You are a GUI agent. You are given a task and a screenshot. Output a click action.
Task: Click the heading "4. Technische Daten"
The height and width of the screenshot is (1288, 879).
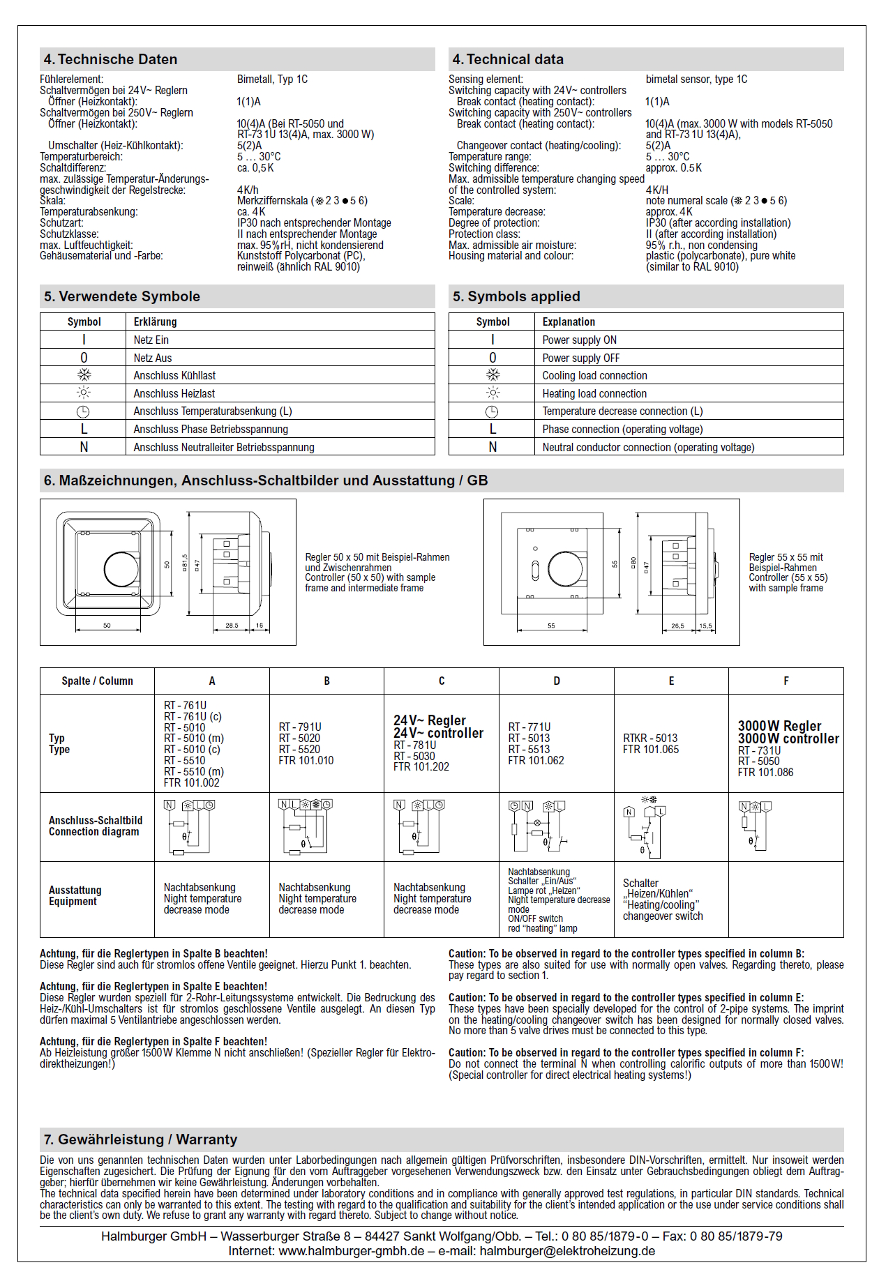(110, 59)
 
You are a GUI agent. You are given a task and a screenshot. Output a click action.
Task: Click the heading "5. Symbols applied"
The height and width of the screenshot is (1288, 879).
(516, 296)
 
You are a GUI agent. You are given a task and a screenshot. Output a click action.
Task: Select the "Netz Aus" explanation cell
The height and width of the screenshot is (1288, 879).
(153, 358)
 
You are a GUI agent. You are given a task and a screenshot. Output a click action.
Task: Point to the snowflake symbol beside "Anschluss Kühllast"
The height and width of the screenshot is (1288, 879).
(84, 375)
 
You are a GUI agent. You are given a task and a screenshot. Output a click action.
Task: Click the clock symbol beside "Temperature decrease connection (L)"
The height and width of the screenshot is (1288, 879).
(492, 411)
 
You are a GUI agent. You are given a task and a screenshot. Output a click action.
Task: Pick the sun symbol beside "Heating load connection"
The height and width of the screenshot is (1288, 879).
(493, 393)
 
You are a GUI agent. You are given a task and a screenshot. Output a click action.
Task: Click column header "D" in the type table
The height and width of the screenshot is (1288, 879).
(556, 681)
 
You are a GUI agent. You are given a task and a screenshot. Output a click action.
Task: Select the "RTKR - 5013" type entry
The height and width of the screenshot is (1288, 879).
(650, 738)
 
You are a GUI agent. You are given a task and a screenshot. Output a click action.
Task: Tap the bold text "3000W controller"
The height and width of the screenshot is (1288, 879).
(788, 738)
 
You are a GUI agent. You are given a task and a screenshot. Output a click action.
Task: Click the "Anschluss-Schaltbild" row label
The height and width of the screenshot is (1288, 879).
(95, 820)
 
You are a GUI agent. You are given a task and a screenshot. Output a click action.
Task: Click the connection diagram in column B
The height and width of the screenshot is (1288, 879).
(306, 826)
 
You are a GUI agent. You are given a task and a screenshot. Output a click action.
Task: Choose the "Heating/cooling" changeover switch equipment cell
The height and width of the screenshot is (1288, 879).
(662, 900)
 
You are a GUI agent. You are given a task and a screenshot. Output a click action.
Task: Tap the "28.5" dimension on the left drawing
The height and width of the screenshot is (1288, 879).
(232, 626)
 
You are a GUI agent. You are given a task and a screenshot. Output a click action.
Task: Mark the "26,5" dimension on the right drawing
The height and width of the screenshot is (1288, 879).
(677, 626)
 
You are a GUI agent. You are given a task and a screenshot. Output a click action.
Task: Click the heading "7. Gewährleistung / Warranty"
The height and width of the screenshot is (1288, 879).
(140, 1139)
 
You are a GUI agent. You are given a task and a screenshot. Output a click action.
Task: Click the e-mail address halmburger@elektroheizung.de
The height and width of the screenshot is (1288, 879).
(567, 1251)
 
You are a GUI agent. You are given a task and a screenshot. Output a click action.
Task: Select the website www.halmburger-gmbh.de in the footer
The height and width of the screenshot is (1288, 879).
(352, 1251)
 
